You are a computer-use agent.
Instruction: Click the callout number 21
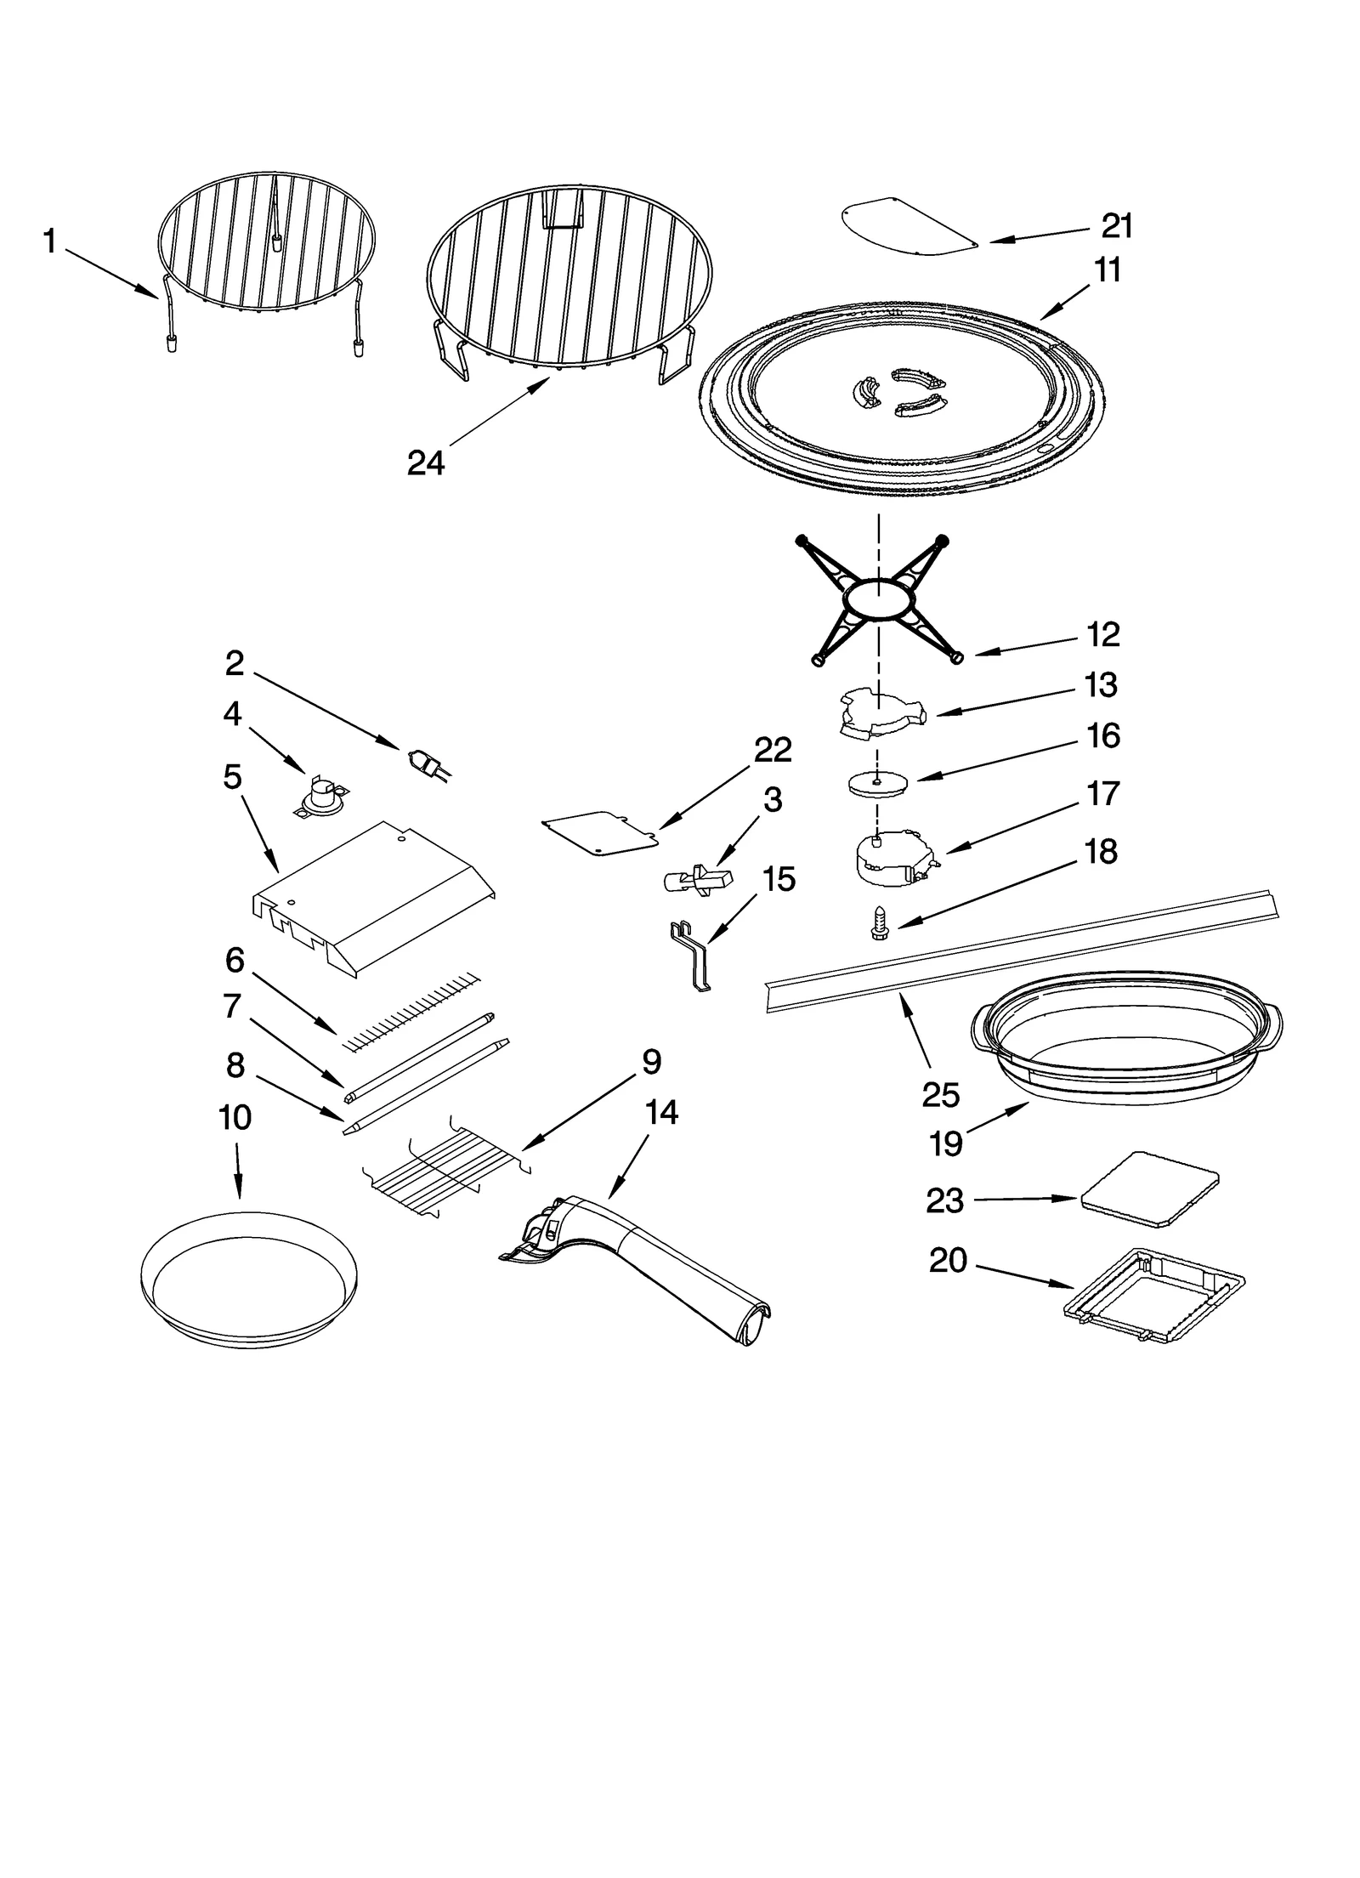(x=1117, y=226)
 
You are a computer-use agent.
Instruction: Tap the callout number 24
(x=426, y=463)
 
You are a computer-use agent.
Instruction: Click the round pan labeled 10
(x=248, y=1276)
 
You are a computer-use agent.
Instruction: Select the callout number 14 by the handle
(x=661, y=1112)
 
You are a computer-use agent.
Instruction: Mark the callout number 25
(x=940, y=1095)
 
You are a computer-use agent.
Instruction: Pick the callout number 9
(x=650, y=1062)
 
